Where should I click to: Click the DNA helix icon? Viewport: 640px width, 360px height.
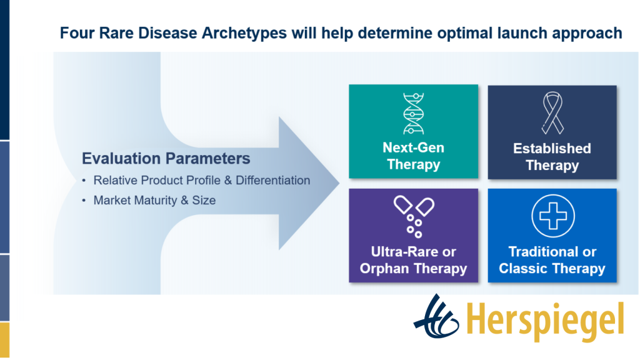(414, 114)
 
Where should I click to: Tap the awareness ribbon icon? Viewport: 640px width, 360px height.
(552, 113)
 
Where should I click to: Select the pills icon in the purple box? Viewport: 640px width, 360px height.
(414, 217)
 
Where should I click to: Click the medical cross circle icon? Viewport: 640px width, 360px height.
(553, 216)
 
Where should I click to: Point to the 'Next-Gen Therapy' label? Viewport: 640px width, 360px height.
(414, 156)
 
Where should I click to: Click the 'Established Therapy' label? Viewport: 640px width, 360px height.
(552, 157)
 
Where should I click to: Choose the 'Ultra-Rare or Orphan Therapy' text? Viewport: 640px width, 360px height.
(414, 260)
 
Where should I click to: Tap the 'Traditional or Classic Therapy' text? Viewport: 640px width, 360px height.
(552, 260)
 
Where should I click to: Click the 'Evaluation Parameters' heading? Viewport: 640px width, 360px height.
(166, 158)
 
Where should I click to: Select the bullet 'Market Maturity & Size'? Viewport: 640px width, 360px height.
(154, 201)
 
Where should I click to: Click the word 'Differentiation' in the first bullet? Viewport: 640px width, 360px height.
(272, 181)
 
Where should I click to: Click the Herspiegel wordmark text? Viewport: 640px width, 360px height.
(545, 322)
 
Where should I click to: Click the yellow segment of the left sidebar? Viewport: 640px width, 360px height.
(4, 341)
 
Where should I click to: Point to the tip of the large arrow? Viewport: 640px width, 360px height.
(339, 183)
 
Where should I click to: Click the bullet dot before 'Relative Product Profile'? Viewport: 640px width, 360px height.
(84, 181)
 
